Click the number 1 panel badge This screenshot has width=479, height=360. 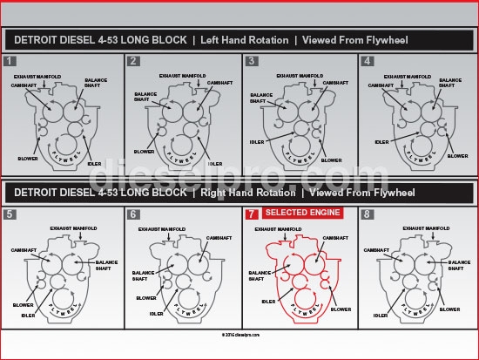[10, 61]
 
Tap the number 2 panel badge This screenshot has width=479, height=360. [133, 61]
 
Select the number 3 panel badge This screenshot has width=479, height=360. [252, 61]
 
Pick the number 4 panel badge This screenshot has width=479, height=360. [367, 61]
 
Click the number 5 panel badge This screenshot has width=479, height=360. [10, 214]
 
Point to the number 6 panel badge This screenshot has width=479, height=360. [133, 214]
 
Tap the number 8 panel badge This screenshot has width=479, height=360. [367, 214]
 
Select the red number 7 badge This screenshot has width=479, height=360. [252, 214]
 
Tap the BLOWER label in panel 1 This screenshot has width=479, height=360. [27, 158]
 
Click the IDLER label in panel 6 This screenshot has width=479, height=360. [156, 313]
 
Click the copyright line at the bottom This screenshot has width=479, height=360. [239, 333]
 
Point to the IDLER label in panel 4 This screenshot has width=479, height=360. [381, 141]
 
